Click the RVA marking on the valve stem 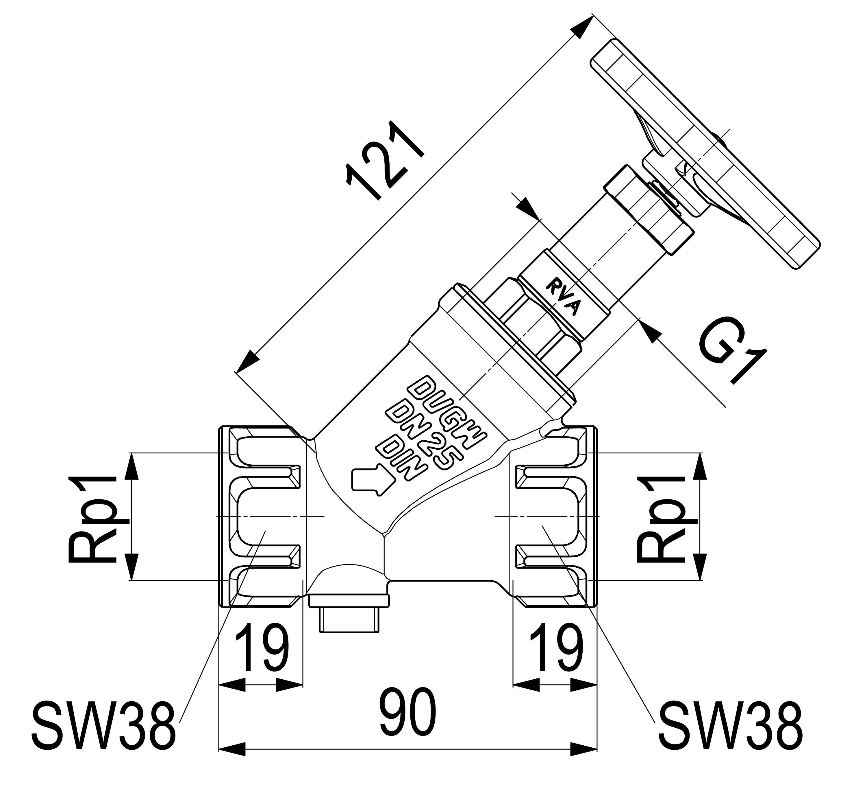coord(563,297)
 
